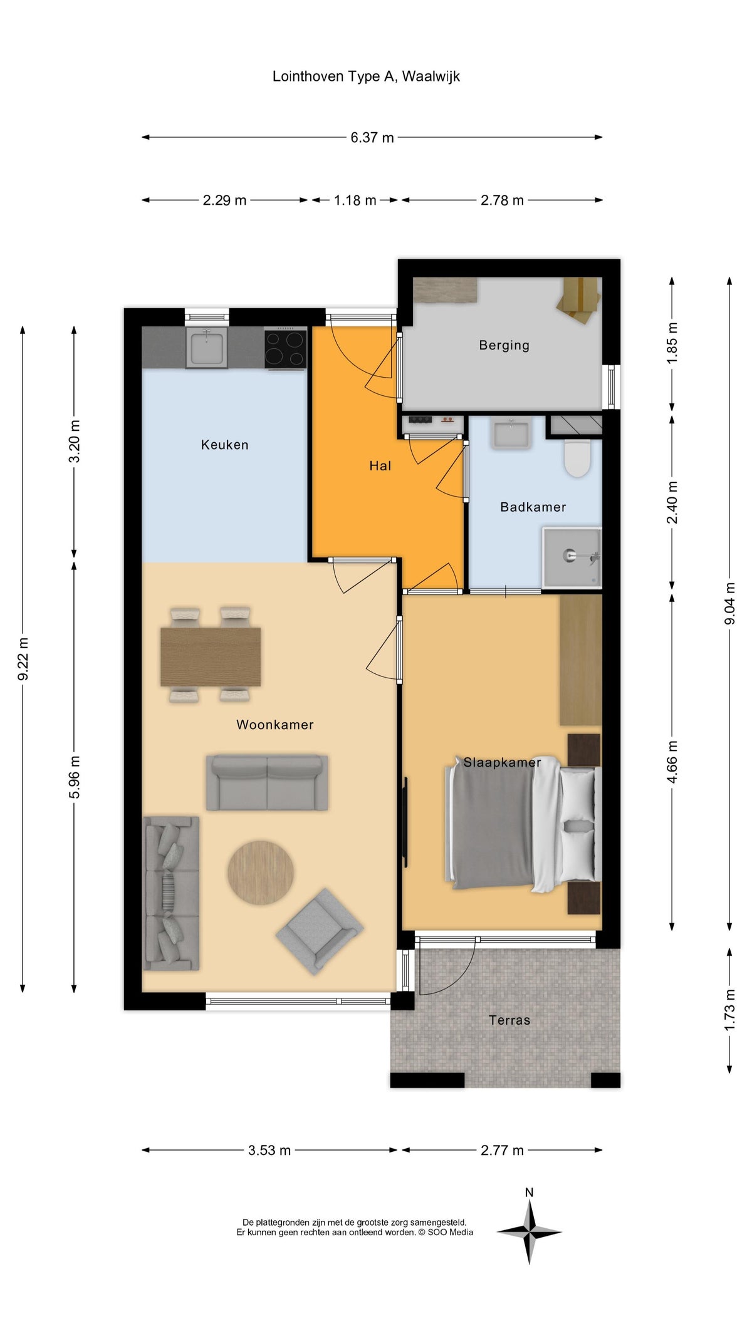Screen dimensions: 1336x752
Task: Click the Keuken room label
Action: (x=224, y=445)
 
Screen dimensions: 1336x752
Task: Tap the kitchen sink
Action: (x=207, y=348)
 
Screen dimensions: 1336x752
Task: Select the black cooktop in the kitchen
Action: (x=285, y=348)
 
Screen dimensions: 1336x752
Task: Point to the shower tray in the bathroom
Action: (x=572, y=557)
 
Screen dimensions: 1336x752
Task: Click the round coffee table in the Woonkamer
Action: (x=260, y=872)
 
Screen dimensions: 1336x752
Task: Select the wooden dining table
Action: (x=211, y=656)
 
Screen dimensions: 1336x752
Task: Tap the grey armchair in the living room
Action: (x=319, y=931)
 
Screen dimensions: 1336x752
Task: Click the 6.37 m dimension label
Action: (x=372, y=137)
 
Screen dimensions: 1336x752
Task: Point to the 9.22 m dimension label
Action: (x=23, y=659)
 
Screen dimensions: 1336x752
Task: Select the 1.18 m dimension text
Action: (x=355, y=200)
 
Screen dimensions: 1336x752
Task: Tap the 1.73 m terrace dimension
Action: (x=729, y=1010)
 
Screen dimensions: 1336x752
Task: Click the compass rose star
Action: (x=530, y=1231)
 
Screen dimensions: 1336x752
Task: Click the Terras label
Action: (x=509, y=1020)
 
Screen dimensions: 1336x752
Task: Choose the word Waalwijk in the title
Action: (x=431, y=76)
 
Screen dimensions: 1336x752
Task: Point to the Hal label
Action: (x=380, y=465)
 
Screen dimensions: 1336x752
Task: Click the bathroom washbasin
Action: (x=511, y=434)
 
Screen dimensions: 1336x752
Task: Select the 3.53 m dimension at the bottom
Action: (x=269, y=1150)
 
